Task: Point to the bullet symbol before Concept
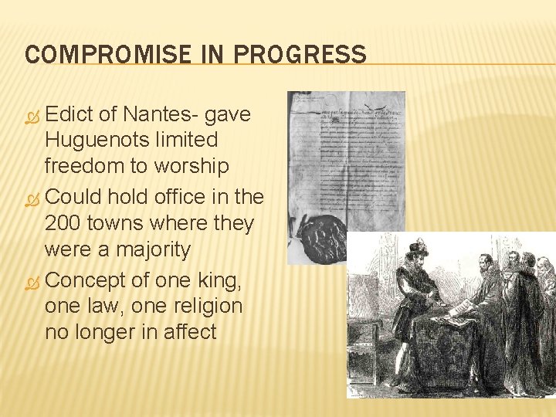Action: [x=32, y=280]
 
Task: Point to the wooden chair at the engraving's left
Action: [x=368, y=340]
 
